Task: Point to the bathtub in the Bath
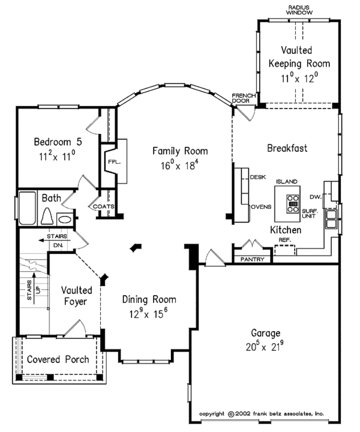[27, 211]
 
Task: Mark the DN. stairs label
[58, 245]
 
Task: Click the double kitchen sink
[331, 220]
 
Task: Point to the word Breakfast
[287, 148]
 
